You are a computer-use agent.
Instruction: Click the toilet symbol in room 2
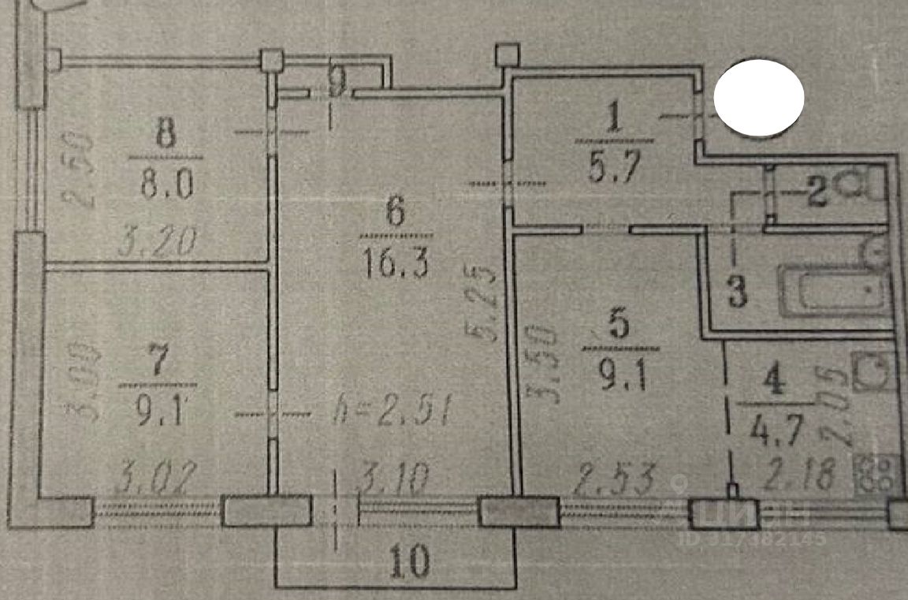click(x=864, y=185)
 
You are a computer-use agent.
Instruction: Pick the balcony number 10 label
click(x=410, y=562)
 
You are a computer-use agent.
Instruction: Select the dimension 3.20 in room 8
click(x=156, y=241)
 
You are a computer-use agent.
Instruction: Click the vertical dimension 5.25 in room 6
click(x=486, y=304)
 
